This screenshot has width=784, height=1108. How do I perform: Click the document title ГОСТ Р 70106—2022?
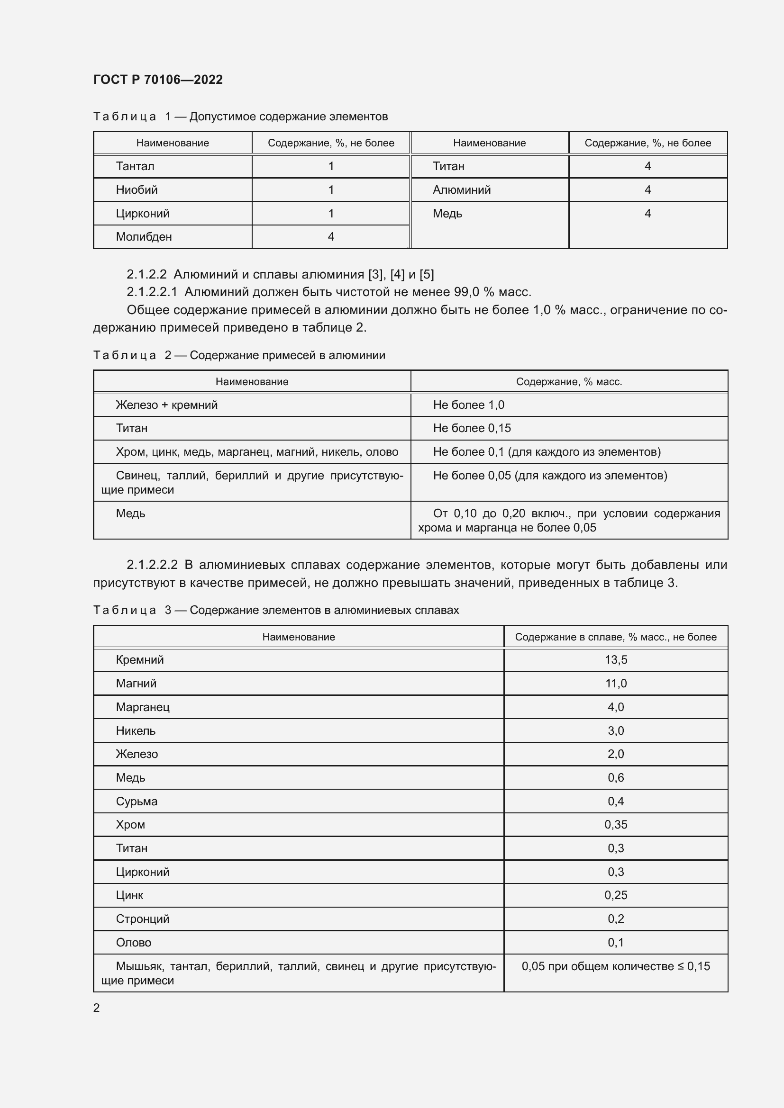point(158,80)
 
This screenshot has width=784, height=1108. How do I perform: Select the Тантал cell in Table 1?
point(135,166)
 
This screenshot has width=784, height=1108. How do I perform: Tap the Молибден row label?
point(144,236)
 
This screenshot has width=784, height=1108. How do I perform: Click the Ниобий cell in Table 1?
point(137,189)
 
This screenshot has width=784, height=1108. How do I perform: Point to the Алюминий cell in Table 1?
point(462,189)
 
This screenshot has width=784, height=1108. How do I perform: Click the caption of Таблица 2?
point(239,355)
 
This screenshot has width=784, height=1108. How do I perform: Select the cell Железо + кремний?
point(166,405)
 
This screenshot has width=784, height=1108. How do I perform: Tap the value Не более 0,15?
point(472,428)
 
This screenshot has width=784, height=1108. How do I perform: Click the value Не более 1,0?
point(468,405)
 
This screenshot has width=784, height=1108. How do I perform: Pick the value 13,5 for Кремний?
point(616,660)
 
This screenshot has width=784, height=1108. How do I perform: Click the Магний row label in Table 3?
point(136,684)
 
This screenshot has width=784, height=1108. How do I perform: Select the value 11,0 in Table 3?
point(616,684)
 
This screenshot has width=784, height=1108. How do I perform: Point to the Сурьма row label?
point(137,801)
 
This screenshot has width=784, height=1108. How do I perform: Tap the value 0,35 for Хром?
point(616,824)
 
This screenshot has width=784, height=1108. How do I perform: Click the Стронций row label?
point(142,919)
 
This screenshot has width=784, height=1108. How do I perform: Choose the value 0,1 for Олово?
point(616,942)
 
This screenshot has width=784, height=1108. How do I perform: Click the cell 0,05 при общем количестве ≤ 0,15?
point(616,966)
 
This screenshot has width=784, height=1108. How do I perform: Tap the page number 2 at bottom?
point(97,1008)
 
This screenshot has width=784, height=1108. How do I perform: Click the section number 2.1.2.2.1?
point(152,292)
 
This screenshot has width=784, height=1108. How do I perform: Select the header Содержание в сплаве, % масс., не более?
point(616,637)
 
